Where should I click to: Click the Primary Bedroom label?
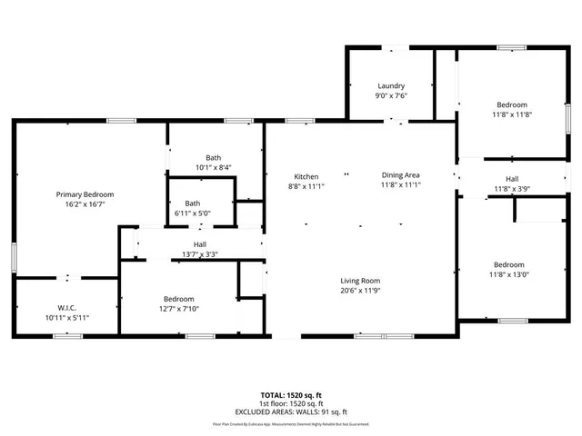click(85, 194)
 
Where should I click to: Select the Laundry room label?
click(392, 86)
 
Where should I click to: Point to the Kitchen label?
click(306, 176)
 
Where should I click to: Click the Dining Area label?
click(400, 176)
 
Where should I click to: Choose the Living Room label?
click(360, 281)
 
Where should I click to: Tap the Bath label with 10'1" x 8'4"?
click(213, 158)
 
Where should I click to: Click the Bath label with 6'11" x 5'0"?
click(193, 203)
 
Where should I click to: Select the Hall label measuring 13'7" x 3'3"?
click(200, 244)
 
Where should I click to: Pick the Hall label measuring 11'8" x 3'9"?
click(512, 179)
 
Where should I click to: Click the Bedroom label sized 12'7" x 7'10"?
click(179, 299)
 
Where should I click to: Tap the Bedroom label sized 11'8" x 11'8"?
click(510, 104)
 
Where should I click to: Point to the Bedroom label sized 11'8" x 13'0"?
click(509, 264)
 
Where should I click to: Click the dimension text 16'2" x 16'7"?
click(85, 204)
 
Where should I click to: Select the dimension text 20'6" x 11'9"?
click(360, 291)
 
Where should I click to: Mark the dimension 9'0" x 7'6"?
click(392, 95)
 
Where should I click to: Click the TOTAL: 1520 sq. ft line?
click(292, 396)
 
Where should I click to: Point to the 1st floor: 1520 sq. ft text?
click(292, 403)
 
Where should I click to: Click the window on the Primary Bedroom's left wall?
click(14, 256)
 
